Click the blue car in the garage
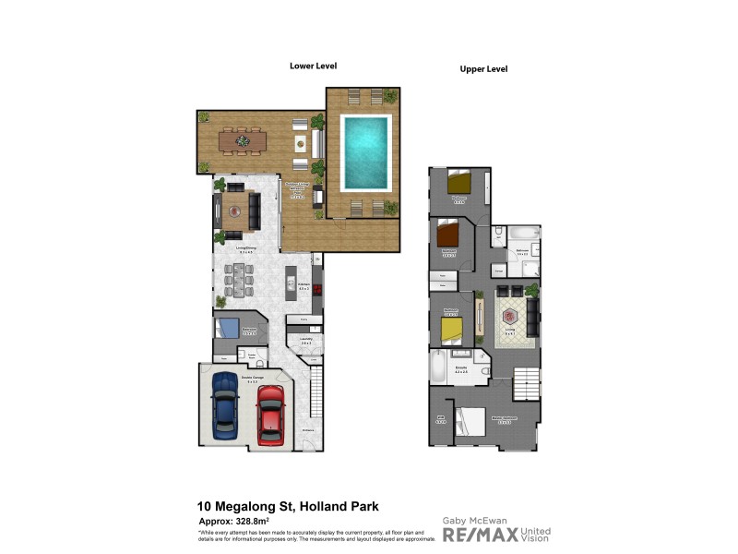(225, 406)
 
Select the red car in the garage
(269, 414)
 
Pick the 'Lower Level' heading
(314, 66)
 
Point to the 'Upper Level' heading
(484, 69)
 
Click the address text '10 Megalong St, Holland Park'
(287, 506)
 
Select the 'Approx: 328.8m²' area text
(239, 522)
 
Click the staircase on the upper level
(527, 379)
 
